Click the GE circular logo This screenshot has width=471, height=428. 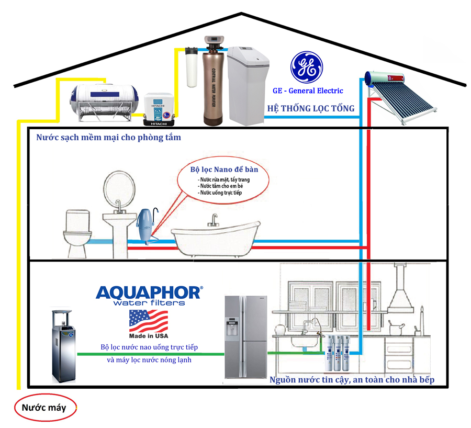[x=307, y=67]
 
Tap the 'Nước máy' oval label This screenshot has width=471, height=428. [x=44, y=408]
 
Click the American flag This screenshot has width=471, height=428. [x=149, y=321]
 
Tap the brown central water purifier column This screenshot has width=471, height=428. [x=214, y=82]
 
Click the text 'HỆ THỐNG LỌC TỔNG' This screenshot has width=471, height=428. [x=310, y=108]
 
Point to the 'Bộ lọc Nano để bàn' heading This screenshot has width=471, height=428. [x=224, y=170]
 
